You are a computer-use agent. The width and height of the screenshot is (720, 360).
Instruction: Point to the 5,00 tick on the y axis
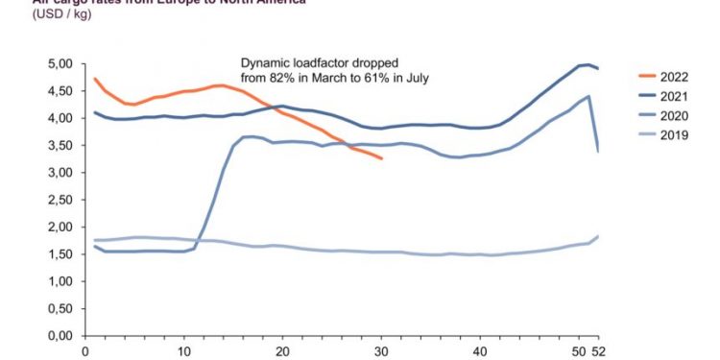tap(60, 64)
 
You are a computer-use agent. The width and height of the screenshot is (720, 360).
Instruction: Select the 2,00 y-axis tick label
tap(60, 228)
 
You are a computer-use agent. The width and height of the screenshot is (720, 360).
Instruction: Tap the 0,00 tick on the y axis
tap(60, 337)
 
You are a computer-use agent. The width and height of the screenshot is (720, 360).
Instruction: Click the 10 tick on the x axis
tap(184, 350)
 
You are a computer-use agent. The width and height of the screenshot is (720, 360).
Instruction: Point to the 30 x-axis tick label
tap(382, 350)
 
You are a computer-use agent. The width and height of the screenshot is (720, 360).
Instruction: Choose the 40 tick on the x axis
tap(480, 350)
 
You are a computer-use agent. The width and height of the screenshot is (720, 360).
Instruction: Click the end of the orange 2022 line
tap(382, 158)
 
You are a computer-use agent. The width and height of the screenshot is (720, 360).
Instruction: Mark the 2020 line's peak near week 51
tap(588, 96)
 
